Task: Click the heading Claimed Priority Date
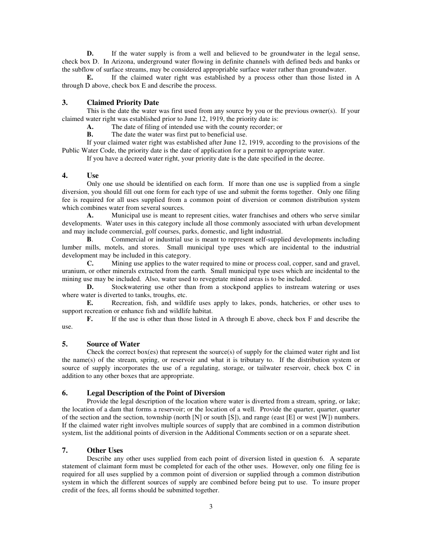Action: click(x=123, y=103)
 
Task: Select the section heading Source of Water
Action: click(x=113, y=344)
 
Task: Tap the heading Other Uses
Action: click(x=105, y=450)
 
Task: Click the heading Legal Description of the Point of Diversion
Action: click(x=156, y=393)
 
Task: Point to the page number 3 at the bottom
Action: click(x=211, y=507)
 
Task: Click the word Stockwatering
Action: click(x=132, y=287)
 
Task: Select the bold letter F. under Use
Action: click(x=90, y=319)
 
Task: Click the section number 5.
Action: click(x=64, y=344)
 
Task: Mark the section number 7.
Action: click(x=64, y=450)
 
